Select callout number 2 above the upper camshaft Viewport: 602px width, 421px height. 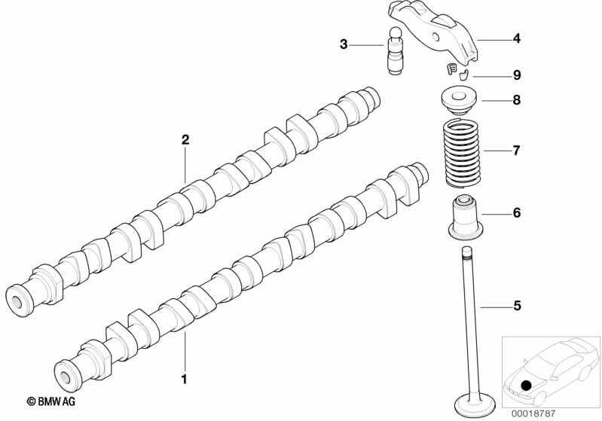pos(185,139)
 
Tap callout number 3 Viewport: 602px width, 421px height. pos(344,44)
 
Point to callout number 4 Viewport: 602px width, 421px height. pos(517,38)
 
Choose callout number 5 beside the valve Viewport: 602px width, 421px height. pos(517,306)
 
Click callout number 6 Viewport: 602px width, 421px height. pos(517,213)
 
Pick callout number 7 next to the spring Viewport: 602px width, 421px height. pos(517,151)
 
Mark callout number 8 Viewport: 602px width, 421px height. pos(517,100)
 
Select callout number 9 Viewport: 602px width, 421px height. pos(517,75)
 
